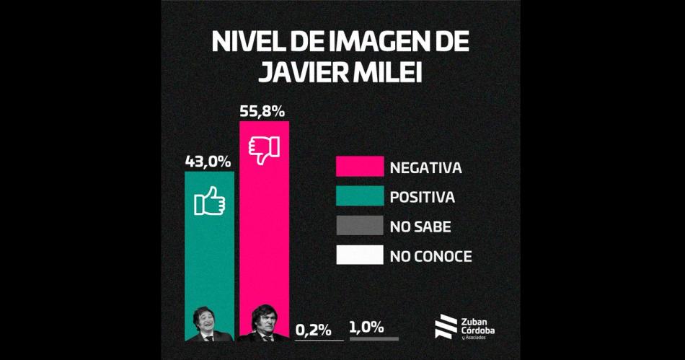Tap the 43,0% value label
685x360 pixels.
pyautogui.click(x=209, y=162)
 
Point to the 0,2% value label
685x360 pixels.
pyautogui.click(x=314, y=330)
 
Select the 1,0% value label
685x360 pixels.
pyautogui.click(x=366, y=328)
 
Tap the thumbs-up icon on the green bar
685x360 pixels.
pyautogui.click(x=209, y=201)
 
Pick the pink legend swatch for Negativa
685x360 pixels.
pyautogui.click(x=359, y=167)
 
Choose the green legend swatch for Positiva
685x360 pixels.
pyautogui.click(x=359, y=196)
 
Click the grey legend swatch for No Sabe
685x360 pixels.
pyautogui.click(x=359, y=226)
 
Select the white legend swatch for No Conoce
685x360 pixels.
pyautogui.click(x=359, y=255)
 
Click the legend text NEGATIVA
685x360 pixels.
pyautogui.click(x=425, y=167)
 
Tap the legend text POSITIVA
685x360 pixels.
pyautogui.click(x=423, y=197)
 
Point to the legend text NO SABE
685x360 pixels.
pyautogui.click(x=420, y=227)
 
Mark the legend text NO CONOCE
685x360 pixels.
pyautogui.click(x=430, y=256)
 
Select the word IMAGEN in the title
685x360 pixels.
pyautogui.click(x=369, y=43)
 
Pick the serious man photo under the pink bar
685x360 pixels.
pyautogui.click(x=264, y=325)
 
